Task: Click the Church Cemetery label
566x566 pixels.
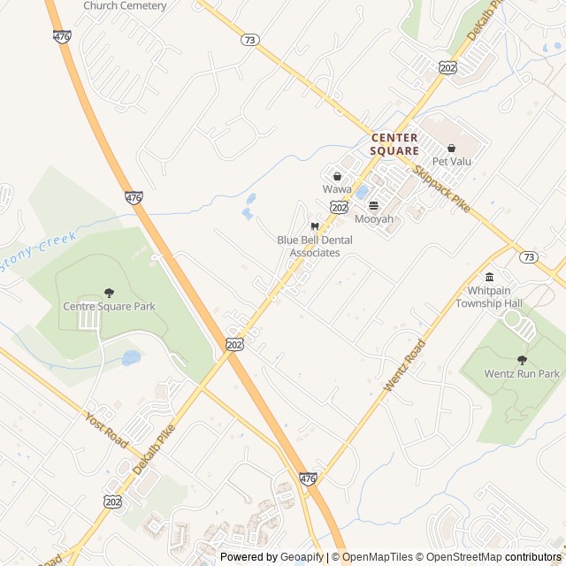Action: [125, 6]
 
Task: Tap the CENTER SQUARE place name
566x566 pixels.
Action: [394, 144]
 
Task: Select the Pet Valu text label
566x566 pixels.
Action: [451, 162]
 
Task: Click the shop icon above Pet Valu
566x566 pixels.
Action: [451, 149]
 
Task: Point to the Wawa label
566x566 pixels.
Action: [337, 189]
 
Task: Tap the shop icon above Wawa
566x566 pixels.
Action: [337, 176]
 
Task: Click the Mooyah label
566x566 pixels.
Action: [373, 219]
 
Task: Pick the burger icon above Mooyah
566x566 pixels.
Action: [373, 205]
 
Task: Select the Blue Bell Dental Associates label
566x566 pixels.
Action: [314, 246]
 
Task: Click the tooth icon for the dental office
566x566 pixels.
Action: [303, 226]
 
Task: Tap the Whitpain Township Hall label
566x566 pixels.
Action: [489, 297]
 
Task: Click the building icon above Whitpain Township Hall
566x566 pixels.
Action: [489, 277]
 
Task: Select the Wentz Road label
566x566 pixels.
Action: [399, 371]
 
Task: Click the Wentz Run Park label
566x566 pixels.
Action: [522, 374]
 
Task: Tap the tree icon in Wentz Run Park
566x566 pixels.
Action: [522, 359]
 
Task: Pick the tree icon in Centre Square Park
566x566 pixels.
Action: [109, 293]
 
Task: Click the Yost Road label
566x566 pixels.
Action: [107, 427]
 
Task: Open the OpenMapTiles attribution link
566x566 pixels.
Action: [377, 557]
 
